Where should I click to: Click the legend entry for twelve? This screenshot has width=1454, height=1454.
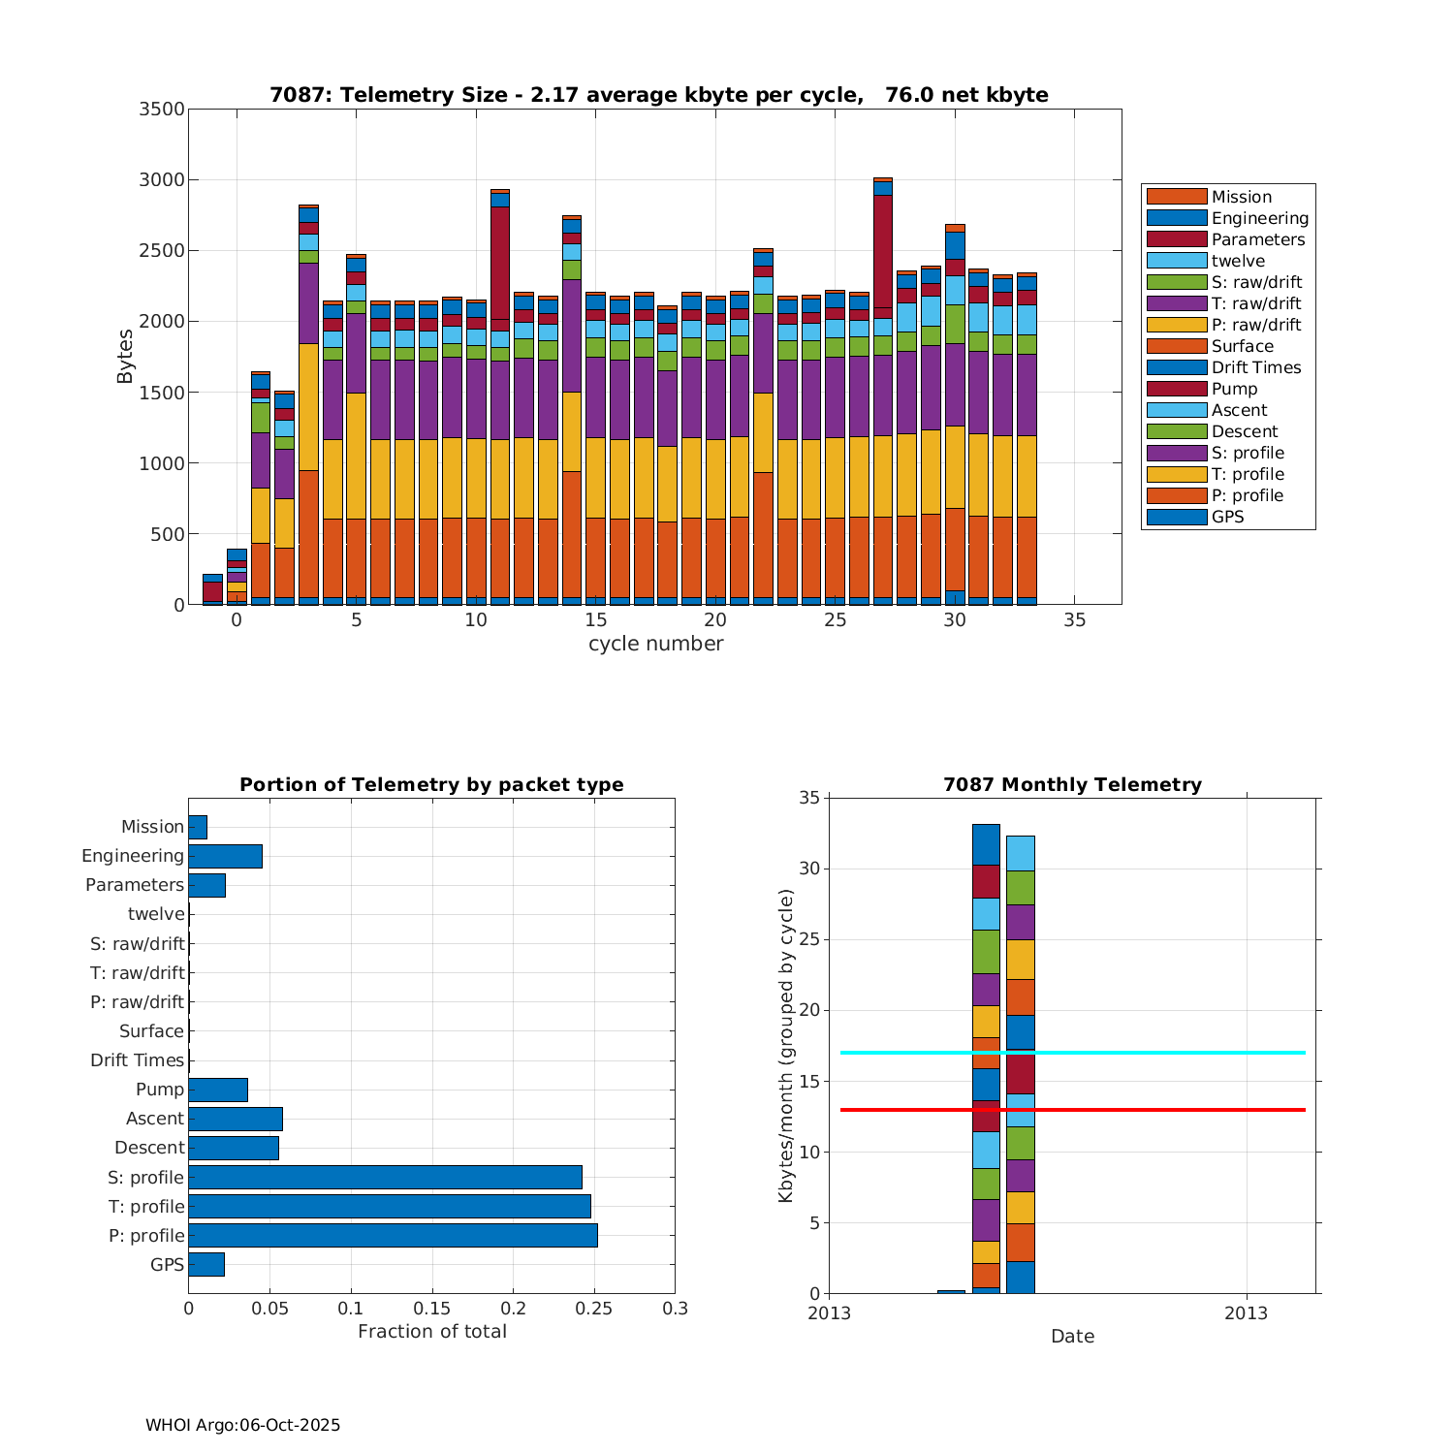click(1238, 261)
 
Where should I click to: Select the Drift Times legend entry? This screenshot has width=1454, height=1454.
click(1255, 367)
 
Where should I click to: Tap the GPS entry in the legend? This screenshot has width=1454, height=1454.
click(1227, 517)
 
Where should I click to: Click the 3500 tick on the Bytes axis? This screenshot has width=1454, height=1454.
click(162, 109)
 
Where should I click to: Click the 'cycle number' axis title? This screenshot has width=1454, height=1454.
click(655, 644)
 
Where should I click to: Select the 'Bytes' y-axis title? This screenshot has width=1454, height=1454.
click(125, 357)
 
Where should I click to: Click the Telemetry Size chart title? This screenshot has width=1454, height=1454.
click(658, 95)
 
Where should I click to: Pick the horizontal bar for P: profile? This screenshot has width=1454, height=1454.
click(393, 1235)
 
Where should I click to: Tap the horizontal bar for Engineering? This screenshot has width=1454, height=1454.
click(225, 856)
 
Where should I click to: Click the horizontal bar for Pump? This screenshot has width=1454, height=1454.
click(218, 1090)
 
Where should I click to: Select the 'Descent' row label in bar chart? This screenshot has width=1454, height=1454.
click(149, 1148)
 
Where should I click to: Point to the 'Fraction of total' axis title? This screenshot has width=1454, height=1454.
click(432, 1332)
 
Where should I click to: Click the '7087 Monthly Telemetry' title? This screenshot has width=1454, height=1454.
click(1072, 785)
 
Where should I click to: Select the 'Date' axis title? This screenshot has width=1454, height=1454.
click(1072, 1337)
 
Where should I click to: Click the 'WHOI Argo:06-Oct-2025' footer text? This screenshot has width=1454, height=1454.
click(243, 1426)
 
